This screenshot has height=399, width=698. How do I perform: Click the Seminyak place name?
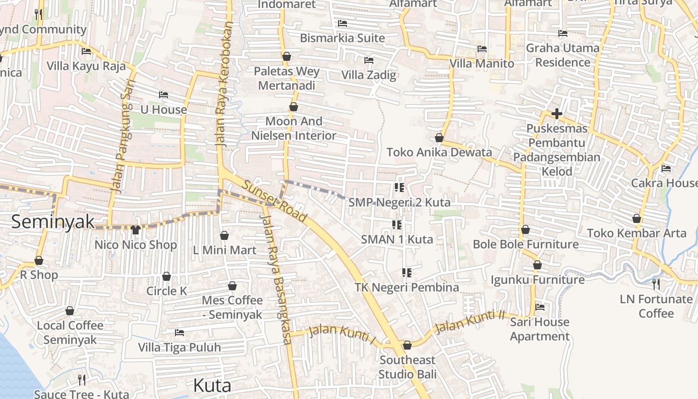[53, 221]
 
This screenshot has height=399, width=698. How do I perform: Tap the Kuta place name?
[212, 386]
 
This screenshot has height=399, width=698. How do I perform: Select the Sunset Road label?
[275, 201]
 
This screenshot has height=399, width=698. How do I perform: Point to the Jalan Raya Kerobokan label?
[224, 84]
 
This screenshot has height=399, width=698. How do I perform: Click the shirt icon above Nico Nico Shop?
[136, 229]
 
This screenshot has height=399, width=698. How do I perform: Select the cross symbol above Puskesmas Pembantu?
[557, 114]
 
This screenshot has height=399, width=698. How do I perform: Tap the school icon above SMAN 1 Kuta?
[397, 224]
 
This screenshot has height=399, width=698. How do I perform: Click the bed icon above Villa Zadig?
[369, 60]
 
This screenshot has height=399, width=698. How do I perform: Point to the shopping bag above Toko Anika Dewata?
[439, 138]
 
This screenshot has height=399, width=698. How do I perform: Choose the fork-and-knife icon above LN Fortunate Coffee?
[656, 284]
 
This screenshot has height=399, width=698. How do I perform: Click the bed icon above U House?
[164, 95]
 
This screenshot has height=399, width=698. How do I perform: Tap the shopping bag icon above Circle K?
[167, 276]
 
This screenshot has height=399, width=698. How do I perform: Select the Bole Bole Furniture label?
[525, 244]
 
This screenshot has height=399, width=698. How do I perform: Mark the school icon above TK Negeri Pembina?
[407, 272]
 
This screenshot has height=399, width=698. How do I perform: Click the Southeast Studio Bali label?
[407, 367]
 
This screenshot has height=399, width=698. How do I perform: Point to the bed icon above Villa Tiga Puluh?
[179, 332]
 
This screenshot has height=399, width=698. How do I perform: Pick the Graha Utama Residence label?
[563, 55]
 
